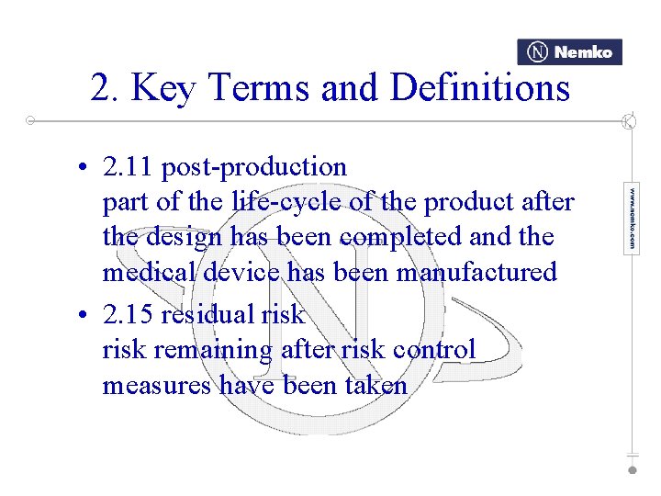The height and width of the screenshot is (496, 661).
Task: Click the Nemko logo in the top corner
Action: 569,52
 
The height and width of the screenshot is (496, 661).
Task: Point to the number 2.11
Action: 128,167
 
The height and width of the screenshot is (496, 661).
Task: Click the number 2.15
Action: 128,315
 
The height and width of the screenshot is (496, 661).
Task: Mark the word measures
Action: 157,386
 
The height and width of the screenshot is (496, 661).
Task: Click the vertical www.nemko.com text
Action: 631,219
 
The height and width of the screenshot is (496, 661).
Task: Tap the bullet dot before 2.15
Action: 83,316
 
